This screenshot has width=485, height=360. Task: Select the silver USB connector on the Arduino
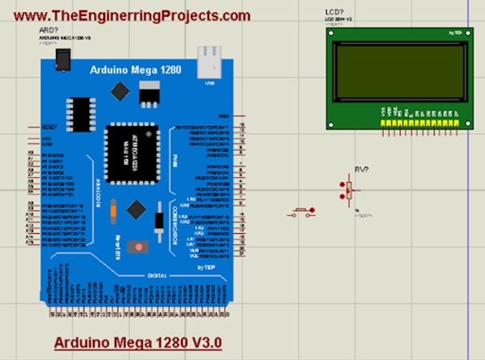click(211, 60)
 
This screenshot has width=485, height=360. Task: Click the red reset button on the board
click(140, 246)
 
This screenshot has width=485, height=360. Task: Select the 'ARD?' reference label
click(48, 30)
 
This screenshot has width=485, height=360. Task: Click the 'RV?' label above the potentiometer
click(362, 170)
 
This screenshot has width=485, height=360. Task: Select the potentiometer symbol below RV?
click(349, 190)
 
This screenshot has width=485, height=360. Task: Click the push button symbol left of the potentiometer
click(302, 212)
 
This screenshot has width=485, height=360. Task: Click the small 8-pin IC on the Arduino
click(82, 110)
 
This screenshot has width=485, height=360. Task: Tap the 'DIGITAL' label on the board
click(157, 275)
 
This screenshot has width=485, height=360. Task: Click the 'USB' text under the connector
click(211, 81)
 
